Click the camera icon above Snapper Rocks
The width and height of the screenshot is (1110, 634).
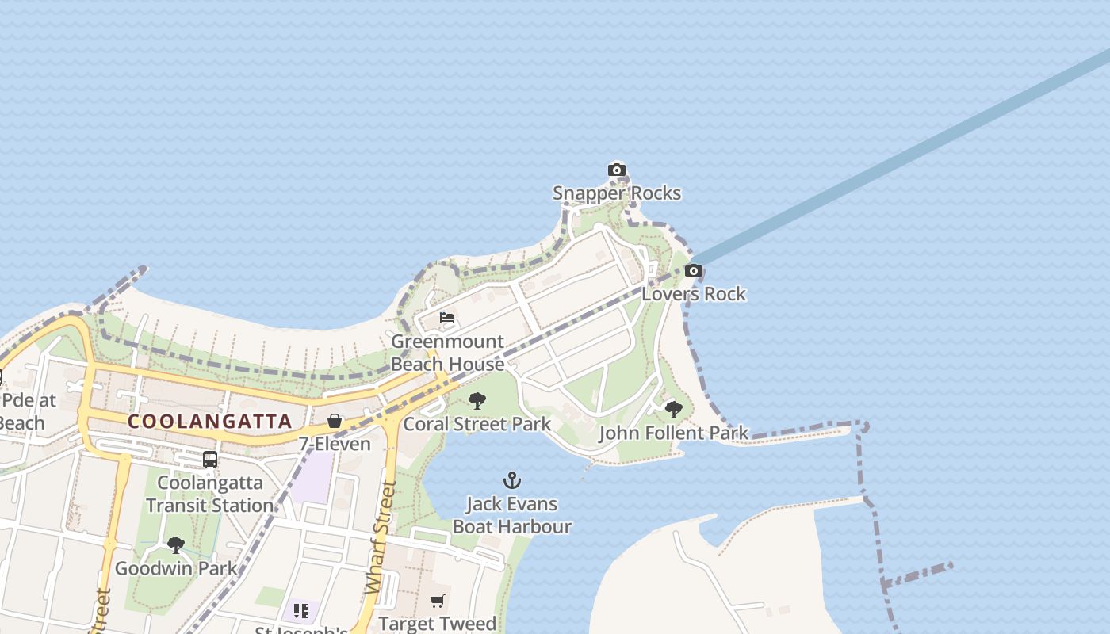(x=617, y=170)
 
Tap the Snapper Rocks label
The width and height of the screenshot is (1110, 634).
(x=617, y=193)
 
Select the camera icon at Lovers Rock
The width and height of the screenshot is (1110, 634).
(x=694, y=271)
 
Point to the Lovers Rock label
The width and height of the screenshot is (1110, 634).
(x=694, y=294)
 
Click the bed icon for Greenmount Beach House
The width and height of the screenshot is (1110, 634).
(x=447, y=319)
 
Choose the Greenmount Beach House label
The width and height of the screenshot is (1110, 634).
(x=448, y=353)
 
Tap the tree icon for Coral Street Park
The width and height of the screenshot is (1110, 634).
(x=477, y=401)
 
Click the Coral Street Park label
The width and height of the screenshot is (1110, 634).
(x=477, y=424)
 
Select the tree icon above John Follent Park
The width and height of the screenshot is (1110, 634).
(x=674, y=410)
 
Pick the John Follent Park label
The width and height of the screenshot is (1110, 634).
(x=674, y=433)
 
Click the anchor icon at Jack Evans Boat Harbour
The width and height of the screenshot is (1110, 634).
(x=512, y=480)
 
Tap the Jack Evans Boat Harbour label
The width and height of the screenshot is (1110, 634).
(x=512, y=515)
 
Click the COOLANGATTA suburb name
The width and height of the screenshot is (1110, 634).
(x=210, y=422)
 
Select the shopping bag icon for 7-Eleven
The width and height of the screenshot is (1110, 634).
(x=335, y=421)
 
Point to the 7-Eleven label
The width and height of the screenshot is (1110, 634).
(x=335, y=444)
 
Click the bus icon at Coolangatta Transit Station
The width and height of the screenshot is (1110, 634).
(x=210, y=460)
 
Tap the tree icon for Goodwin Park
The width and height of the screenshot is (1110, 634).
(x=176, y=545)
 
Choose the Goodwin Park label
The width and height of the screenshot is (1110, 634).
(x=176, y=568)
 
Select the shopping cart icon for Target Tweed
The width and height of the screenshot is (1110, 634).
(x=438, y=602)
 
